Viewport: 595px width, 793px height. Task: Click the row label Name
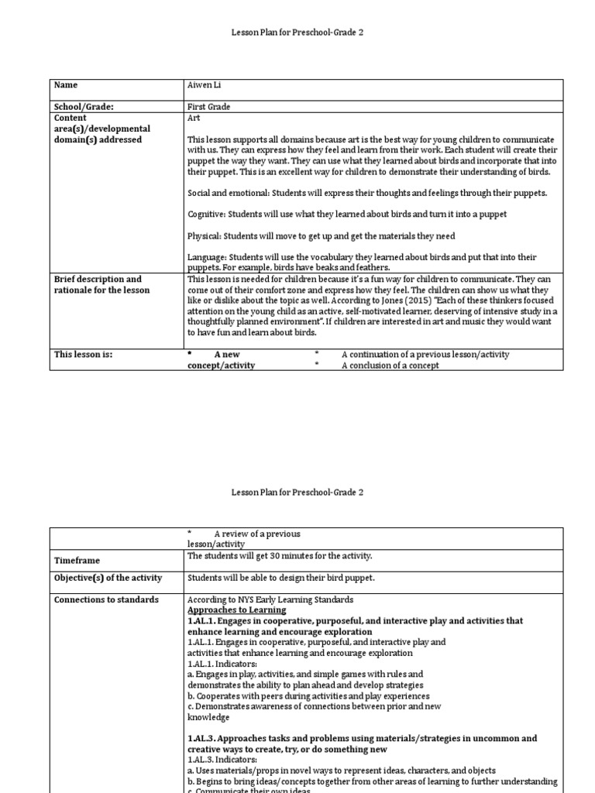click(66, 85)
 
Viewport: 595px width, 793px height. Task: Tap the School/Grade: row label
click(89, 107)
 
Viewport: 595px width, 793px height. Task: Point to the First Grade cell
click(208, 107)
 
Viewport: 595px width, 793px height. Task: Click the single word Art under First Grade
click(194, 118)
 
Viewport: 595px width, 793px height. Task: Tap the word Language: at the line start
click(208, 257)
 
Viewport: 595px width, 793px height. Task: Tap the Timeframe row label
click(77, 560)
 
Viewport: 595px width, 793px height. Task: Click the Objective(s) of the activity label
click(107, 578)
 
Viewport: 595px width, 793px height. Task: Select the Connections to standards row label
click(106, 599)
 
